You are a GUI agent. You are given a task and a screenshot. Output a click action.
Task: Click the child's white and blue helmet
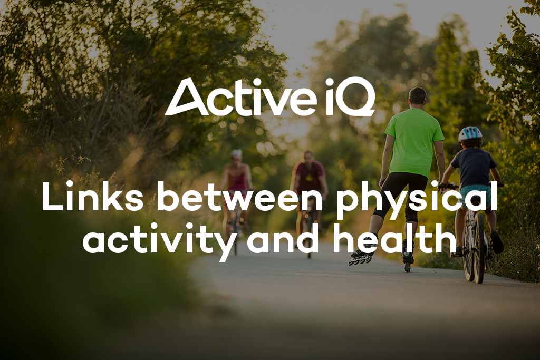coord(469,133)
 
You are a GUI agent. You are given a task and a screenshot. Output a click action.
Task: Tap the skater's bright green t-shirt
coord(414,142)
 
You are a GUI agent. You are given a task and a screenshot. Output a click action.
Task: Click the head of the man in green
coord(417,96)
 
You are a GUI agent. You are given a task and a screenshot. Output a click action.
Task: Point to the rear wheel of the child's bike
coord(479,253)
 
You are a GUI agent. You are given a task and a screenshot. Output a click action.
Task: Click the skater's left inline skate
coord(362,257)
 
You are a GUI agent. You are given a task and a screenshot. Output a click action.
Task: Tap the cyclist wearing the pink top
coord(236,179)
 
